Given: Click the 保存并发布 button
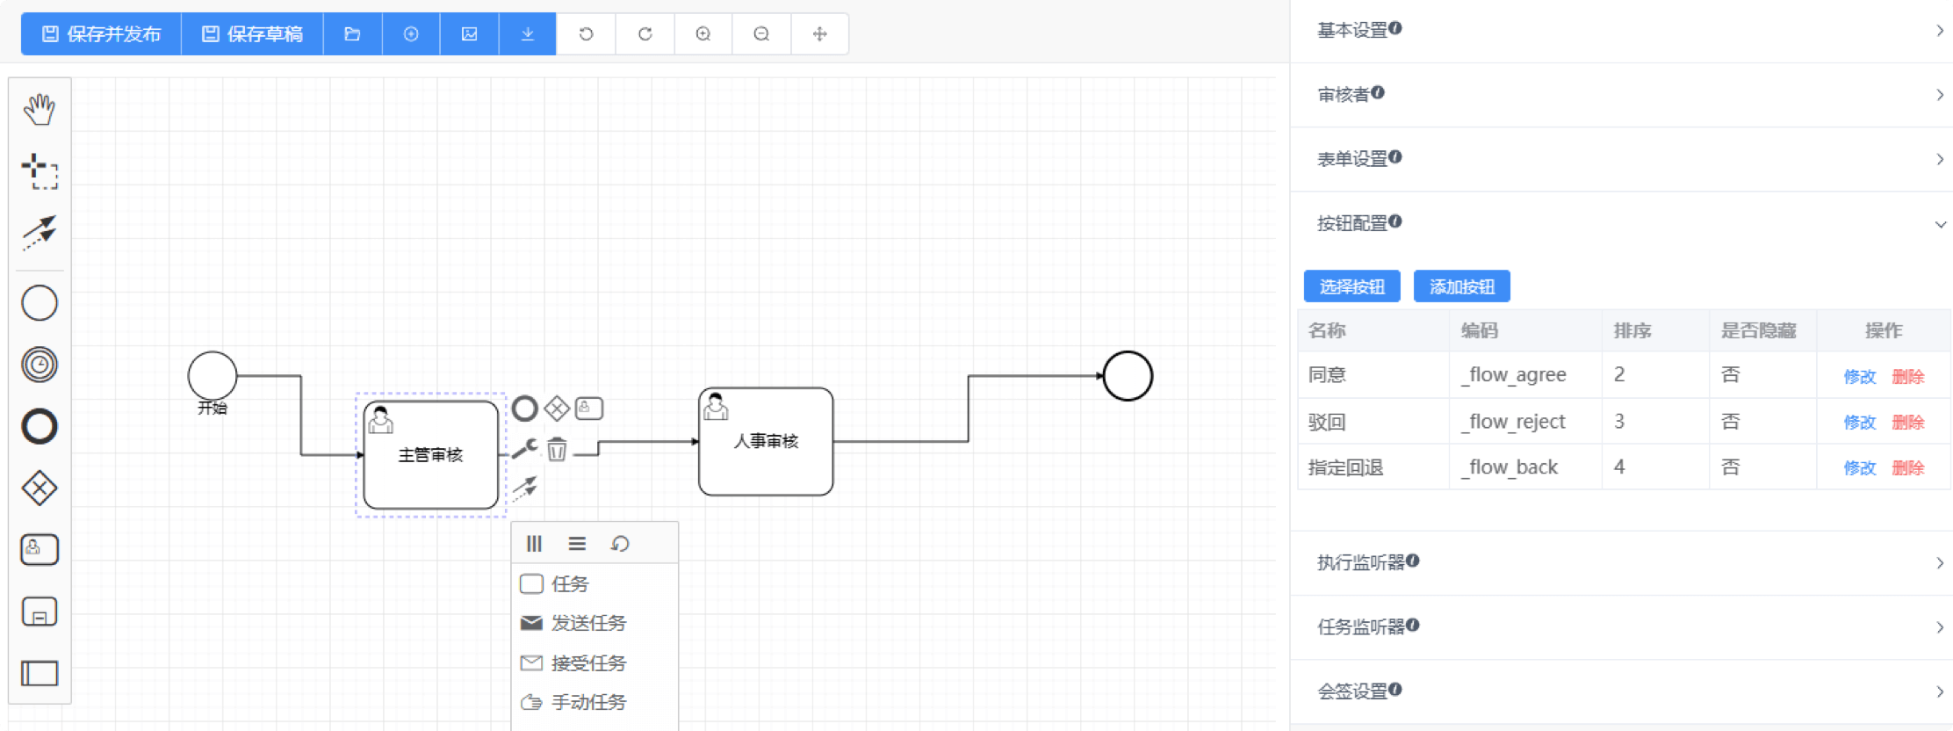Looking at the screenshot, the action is point(101,34).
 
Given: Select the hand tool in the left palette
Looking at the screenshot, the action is point(40,109).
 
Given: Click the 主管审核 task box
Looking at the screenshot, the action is point(430,454).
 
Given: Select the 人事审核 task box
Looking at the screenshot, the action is point(766,441).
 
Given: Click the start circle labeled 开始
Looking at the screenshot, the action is point(213,376).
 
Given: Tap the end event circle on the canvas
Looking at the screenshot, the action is point(1128,376).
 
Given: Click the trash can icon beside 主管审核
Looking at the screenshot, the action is point(557,449).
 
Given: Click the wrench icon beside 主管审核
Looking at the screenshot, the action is point(524,449).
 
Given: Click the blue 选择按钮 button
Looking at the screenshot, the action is point(1352,286).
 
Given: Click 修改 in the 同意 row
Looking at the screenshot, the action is point(1859,376).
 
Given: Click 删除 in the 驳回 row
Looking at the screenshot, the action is point(1907,422).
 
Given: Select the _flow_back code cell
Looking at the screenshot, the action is point(1510,467).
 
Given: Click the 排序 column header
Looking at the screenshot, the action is point(1632,330).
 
